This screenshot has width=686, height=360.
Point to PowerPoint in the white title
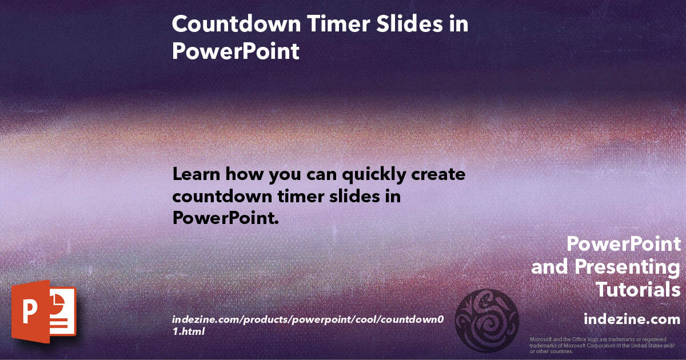pyautogui.click(x=236, y=51)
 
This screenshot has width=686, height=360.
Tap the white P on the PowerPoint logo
pyautogui.click(x=29, y=312)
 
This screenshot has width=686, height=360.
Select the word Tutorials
pyautogui.click(x=638, y=289)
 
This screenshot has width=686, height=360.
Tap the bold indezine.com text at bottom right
pyautogui.click(x=632, y=319)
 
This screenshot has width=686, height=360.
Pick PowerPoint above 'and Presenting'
pyautogui.click(x=624, y=245)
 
